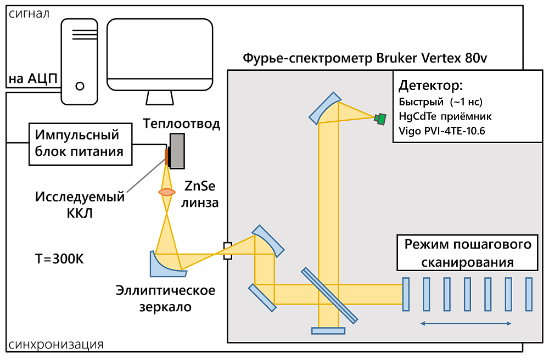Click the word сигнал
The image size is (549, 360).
point(520,58)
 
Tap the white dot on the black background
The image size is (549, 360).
point(80,86)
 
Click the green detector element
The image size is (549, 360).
point(380,118)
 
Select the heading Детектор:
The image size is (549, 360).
point(431,86)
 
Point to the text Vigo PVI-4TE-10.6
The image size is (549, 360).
point(442,131)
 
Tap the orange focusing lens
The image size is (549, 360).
point(167,192)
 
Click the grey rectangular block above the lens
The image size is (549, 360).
point(177,150)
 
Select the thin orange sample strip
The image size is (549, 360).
point(166,156)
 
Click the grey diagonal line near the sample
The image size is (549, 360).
point(146,177)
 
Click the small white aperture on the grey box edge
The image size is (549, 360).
point(228,251)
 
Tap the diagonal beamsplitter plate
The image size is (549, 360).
point(329,295)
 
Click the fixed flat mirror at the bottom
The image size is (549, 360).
point(328,330)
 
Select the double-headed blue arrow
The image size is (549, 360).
point(466,324)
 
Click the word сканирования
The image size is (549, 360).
point(467,262)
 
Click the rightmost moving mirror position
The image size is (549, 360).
point(529,295)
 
